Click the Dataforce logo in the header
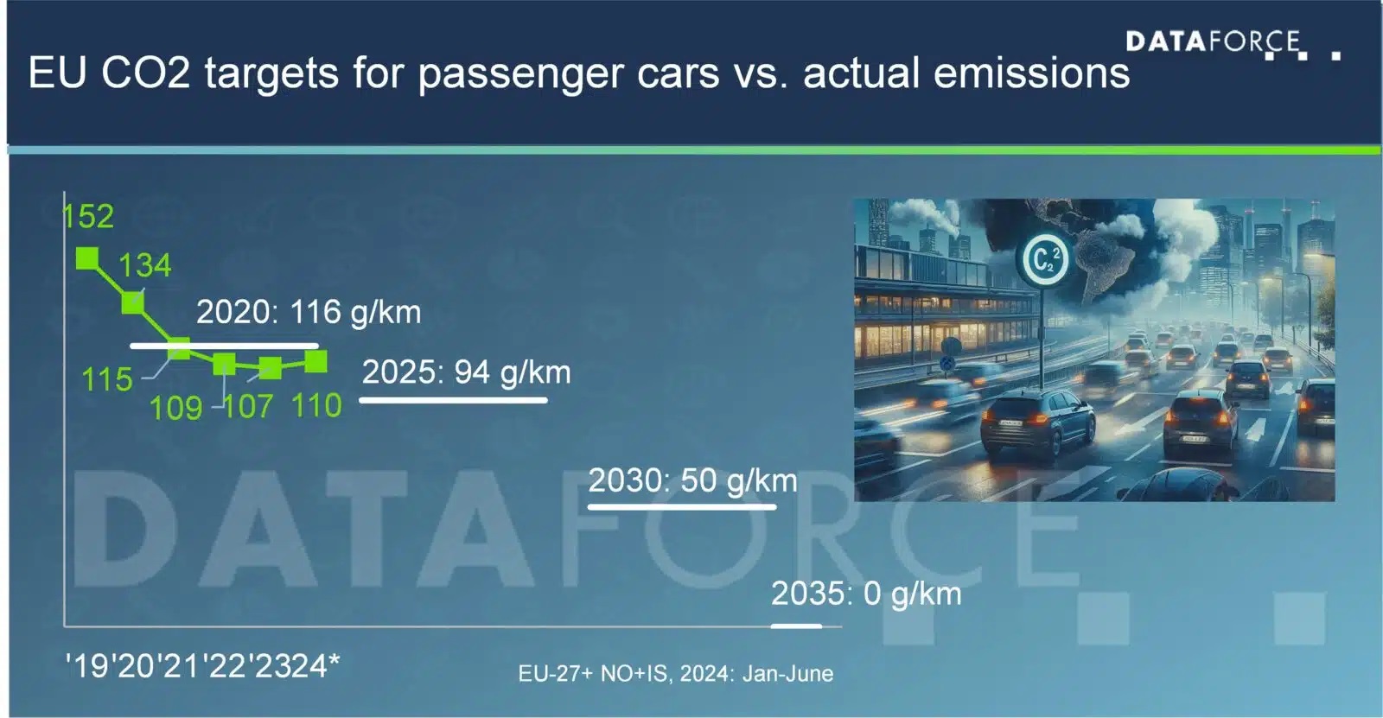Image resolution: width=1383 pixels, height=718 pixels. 1233,44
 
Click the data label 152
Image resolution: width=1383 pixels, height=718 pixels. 88,216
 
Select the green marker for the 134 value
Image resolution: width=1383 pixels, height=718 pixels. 133,303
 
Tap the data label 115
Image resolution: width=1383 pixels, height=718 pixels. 107,379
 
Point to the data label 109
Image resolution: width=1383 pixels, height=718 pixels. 176,408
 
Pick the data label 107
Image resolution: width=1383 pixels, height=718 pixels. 248,407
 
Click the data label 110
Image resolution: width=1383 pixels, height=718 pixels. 316,405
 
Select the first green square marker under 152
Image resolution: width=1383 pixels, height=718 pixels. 87,258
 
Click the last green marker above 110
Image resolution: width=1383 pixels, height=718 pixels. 316,362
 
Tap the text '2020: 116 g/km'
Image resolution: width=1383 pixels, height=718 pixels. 309,313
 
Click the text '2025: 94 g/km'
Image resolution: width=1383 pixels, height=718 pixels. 466,372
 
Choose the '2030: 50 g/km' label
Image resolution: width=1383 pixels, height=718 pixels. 692,480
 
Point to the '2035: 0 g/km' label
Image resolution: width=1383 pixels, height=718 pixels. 866,594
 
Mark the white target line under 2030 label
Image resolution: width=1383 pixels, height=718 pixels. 682,507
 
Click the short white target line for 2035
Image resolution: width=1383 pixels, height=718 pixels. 796,626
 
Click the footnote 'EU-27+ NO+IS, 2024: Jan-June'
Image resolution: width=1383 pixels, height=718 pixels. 675,674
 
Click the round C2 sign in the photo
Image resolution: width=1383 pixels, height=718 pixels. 1044,260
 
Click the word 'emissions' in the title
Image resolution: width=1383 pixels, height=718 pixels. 1032,73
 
